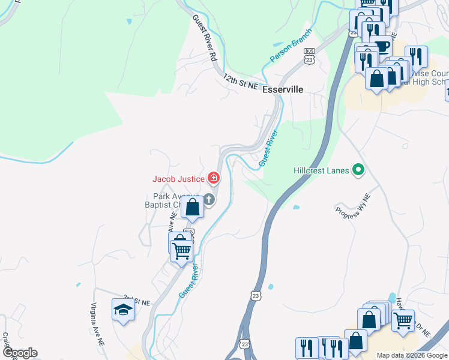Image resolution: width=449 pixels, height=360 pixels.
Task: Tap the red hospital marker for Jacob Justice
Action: click(213, 178)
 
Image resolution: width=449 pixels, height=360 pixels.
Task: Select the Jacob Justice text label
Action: click(178, 178)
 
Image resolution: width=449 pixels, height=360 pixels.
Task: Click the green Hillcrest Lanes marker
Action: click(359, 170)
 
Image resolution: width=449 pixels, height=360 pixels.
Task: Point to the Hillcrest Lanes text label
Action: click(321, 170)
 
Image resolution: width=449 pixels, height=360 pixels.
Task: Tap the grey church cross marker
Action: click(209, 200)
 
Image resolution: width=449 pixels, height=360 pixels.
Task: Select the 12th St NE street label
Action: click(240, 82)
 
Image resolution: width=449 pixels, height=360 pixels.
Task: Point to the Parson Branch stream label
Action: click(291, 46)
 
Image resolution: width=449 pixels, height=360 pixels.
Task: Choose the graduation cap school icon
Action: click(123, 310)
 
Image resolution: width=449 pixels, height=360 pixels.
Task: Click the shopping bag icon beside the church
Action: click(193, 208)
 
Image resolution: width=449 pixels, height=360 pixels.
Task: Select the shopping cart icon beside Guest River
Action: click(181, 248)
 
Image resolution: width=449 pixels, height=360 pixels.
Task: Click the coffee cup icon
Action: click(381, 46)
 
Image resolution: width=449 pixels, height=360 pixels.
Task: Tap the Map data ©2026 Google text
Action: click(412, 355)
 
